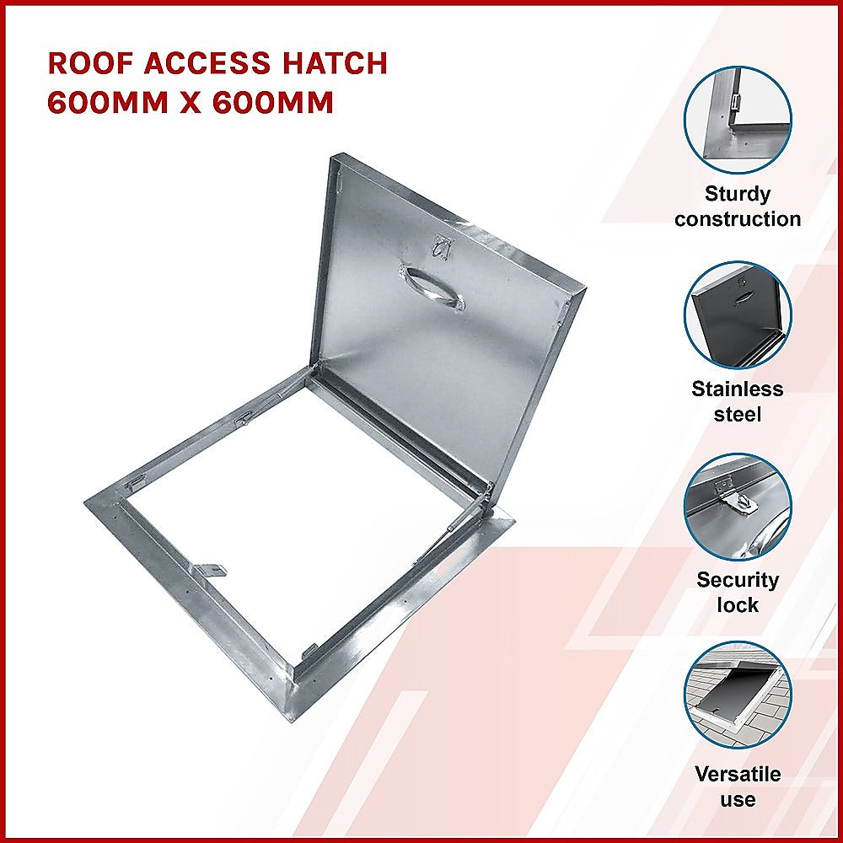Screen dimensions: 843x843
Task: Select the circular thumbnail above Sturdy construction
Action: pyautogui.click(x=738, y=120)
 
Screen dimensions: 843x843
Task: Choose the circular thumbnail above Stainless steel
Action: pyautogui.click(x=738, y=314)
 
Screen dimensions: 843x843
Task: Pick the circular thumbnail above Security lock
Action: pyautogui.click(x=738, y=507)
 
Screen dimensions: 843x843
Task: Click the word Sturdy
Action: pyautogui.click(x=738, y=194)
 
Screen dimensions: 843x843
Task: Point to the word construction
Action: pyautogui.click(x=738, y=219)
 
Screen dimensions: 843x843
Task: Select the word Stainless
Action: pyautogui.click(x=738, y=389)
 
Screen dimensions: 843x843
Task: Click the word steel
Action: pyautogui.click(x=738, y=414)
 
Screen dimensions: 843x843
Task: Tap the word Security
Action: pyautogui.click(x=738, y=580)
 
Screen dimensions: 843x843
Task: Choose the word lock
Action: pyautogui.click(x=738, y=605)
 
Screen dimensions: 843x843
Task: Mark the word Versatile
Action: pyautogui.click(x=738, y=774)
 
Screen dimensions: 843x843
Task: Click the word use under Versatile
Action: pyautogui.click(x=738, y=799)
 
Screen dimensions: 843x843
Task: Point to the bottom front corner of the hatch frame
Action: pyautogui.click(x=291, y=717)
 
